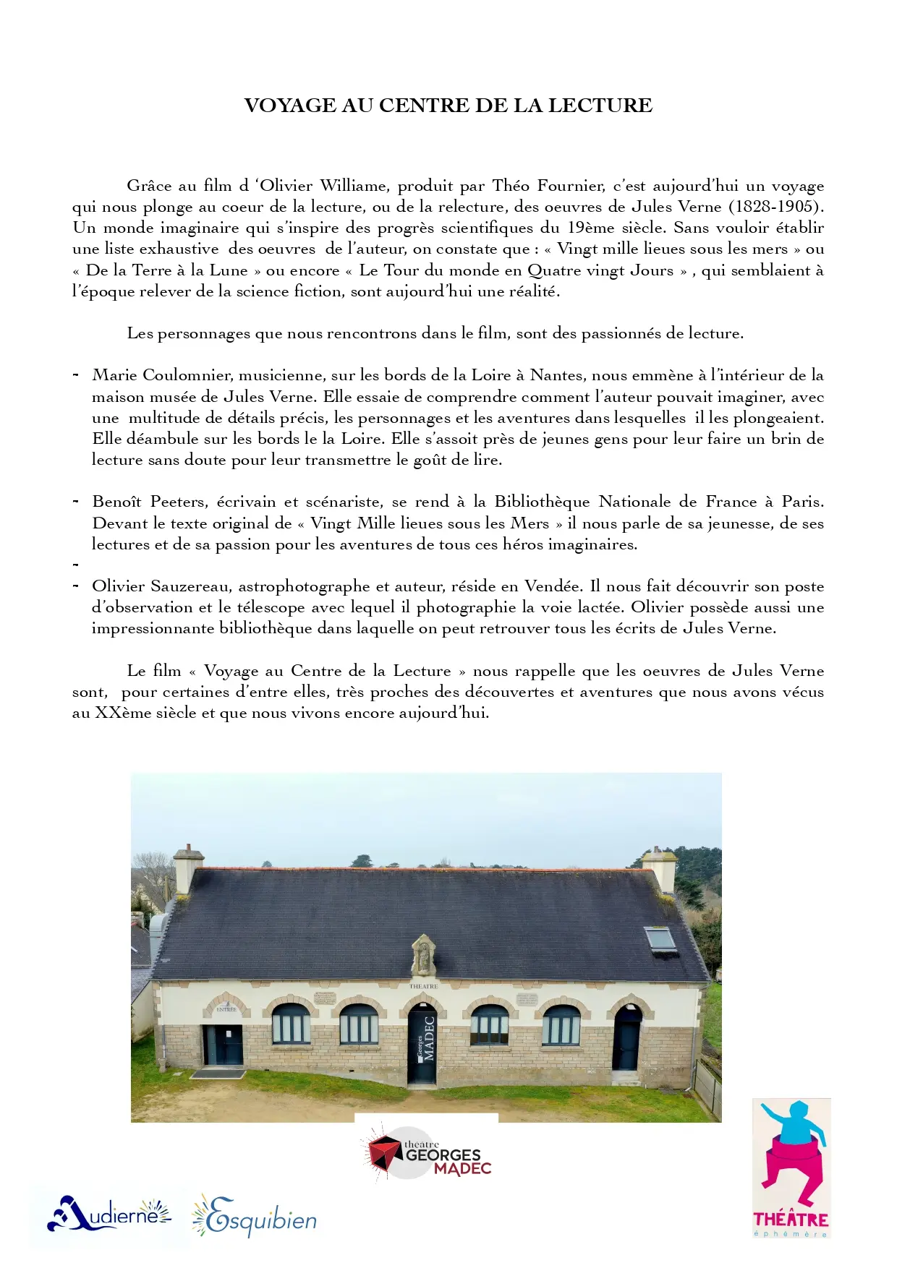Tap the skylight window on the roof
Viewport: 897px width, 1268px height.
pos(660,939)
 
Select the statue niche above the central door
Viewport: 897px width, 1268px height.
pos(423,955)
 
